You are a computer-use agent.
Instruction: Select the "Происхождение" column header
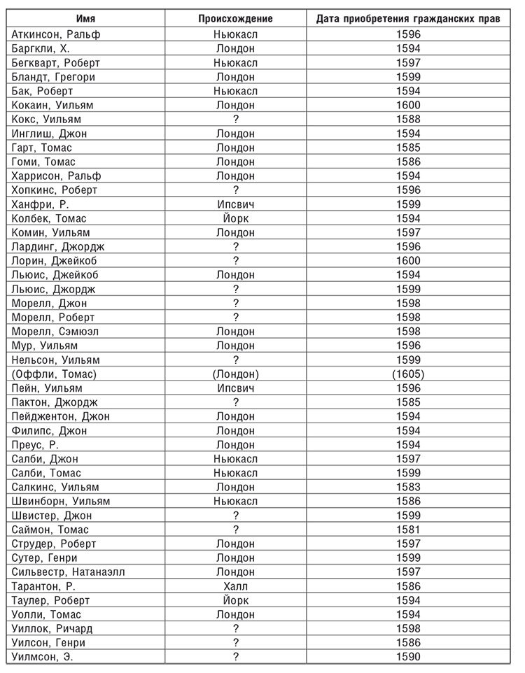click(235, 18)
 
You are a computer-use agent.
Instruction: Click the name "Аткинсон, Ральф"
click(56, 34)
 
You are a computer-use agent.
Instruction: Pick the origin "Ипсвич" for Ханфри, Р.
click(235, 204)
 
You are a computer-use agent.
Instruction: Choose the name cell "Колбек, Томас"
click(50, 218)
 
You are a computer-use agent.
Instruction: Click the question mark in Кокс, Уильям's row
click(235, 119)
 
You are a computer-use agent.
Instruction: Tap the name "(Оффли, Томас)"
click(55, 374)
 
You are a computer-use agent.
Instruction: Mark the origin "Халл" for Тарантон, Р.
click(235, 586)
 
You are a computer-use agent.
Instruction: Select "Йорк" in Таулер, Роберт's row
click(235, 600)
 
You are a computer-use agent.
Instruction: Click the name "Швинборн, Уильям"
click(61, 501)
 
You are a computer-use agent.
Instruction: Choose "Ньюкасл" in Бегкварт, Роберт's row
click(235, 62)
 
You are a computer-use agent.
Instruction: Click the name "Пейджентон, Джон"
click(61, 416)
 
